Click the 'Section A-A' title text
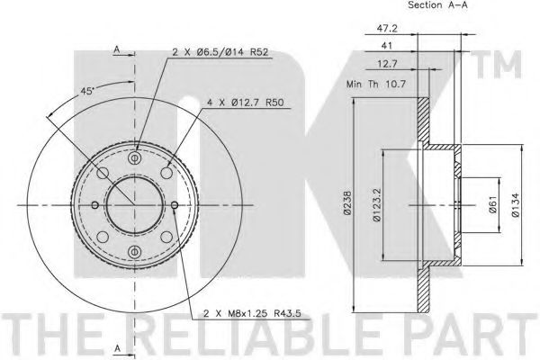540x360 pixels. [x=437, y=4]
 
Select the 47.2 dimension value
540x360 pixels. [x=387, y=28]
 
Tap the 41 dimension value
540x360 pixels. [x=387, y=46]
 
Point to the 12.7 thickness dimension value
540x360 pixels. [x=387, y=64]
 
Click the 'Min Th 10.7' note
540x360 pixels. [x=376, y=84]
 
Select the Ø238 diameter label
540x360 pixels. [x=347, y=202]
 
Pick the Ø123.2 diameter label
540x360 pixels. [x=377, y=204]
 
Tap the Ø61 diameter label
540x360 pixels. [x=493, y=204]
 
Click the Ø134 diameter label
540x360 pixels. [x=515, y=204]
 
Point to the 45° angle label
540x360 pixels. [x=86, y=91]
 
